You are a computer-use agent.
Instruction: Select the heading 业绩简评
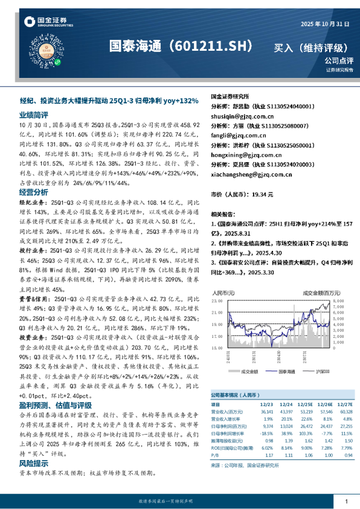34,114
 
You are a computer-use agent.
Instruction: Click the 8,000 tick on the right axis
338,300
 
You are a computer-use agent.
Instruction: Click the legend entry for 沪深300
318,373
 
